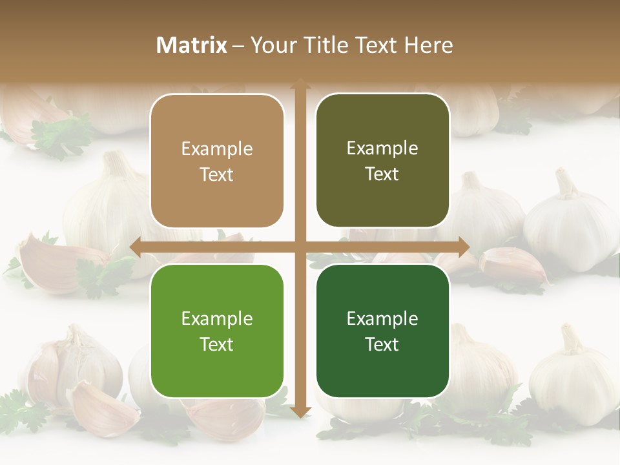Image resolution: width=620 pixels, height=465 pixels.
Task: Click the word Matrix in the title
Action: (x=191, y=45)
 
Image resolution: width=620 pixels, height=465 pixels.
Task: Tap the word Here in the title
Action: (x=428, y=45)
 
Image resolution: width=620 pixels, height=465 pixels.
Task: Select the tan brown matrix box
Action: (x=217, y=161)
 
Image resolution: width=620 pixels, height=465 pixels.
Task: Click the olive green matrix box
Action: (x=382, y=161)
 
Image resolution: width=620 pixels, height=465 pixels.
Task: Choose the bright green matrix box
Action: (x=217, y=331)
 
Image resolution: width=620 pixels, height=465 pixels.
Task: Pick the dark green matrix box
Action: (x=382, y=331)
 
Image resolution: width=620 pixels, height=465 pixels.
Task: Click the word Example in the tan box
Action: (x=217, y=149)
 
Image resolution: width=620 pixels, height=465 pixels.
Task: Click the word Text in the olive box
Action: (x=382, y=174)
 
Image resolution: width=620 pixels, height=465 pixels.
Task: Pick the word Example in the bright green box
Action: (x=217, y=318)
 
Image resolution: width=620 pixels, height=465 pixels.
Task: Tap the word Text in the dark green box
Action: (x=382, y=345)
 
